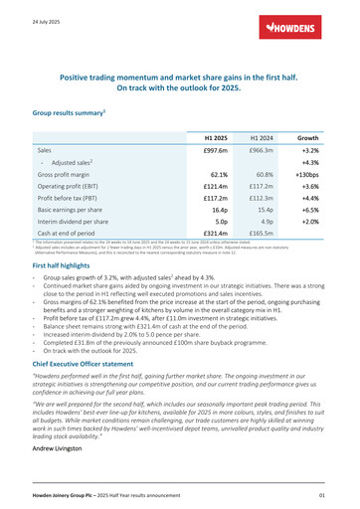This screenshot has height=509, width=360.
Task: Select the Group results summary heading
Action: tap(71, 115)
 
